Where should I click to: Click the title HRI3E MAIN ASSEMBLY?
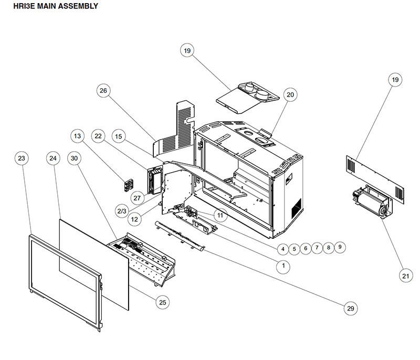click(x=51, y=7)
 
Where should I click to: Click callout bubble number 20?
click(x=290, y=94)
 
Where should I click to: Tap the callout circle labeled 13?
click(x=78, y=136)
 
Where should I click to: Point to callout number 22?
click(x=98, y=136)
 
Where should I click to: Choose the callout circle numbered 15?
click(x=119, y=136)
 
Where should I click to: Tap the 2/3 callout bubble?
click(x=121, y=211)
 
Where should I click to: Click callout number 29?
click(x=350, y=309)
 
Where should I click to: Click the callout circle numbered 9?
click(x=340, y=246)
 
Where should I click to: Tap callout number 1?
click(x=283, y=266)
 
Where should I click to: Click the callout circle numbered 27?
click(x=138, y=198)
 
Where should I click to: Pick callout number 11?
click(x=219, y=215)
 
